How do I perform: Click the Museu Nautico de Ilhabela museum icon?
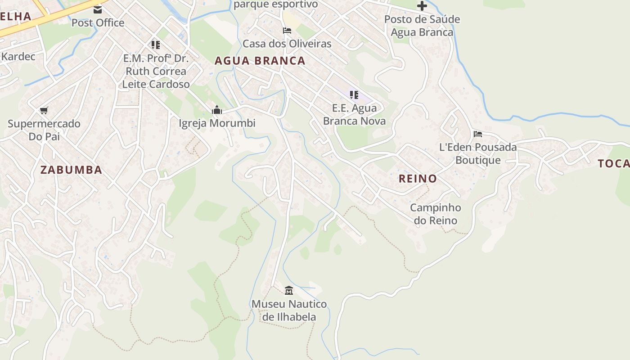289,290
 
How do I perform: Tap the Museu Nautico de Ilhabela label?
289,310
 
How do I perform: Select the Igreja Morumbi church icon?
217,110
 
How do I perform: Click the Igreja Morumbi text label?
217,123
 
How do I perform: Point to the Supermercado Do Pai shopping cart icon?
44,110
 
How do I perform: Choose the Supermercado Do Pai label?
44,130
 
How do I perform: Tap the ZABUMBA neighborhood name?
71,170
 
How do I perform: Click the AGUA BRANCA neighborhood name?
260,61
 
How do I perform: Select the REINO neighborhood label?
418,178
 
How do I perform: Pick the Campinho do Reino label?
436,214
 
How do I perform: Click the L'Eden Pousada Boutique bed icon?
477,134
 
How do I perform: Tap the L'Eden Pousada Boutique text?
478,153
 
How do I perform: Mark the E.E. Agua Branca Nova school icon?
354,95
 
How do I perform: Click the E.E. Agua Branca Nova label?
354,114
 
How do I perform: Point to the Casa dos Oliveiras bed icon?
287,31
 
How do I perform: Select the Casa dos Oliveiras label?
287,44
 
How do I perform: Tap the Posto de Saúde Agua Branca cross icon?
422,6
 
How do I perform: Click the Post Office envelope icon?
98,9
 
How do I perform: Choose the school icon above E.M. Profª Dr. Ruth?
155,45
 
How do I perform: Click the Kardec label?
18,57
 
